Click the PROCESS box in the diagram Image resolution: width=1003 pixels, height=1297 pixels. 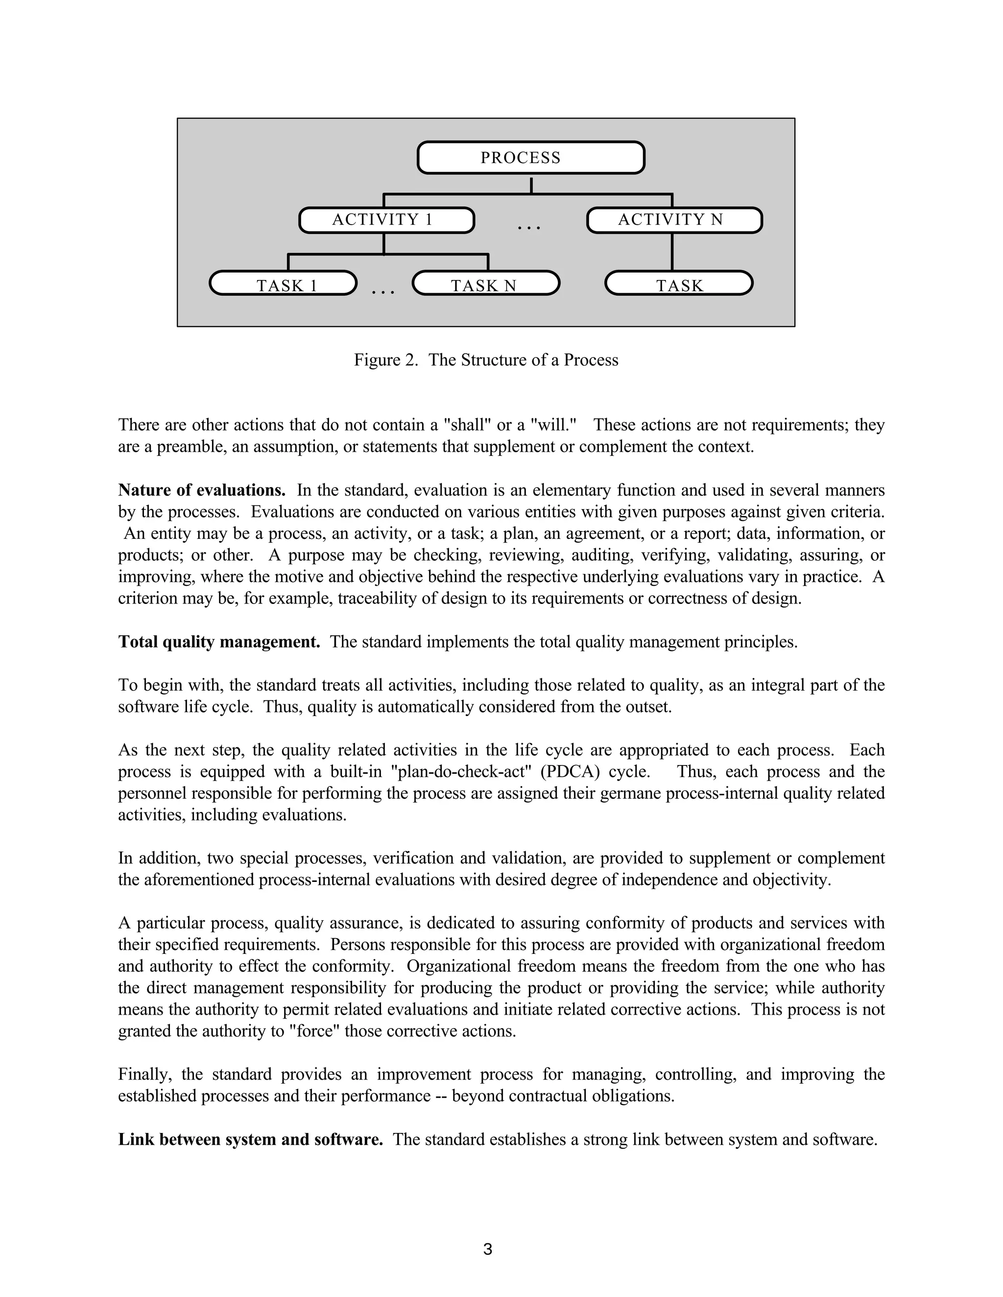pos(530,158)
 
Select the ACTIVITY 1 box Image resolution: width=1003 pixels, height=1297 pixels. pos(386,220)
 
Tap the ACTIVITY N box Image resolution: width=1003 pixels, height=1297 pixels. pos(674,220)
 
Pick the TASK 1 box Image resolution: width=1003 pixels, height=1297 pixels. pos(284,283)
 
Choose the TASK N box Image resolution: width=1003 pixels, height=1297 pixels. pos(486,283)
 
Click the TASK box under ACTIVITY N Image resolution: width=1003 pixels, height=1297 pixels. pos(679,283)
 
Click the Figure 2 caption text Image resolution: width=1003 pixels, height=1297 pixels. pos(486,360)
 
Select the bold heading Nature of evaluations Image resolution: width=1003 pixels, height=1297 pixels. pos(201,490)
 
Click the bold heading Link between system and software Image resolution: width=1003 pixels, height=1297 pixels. pos(250,1139)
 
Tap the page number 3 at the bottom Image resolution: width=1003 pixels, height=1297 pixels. pos(488,1250)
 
